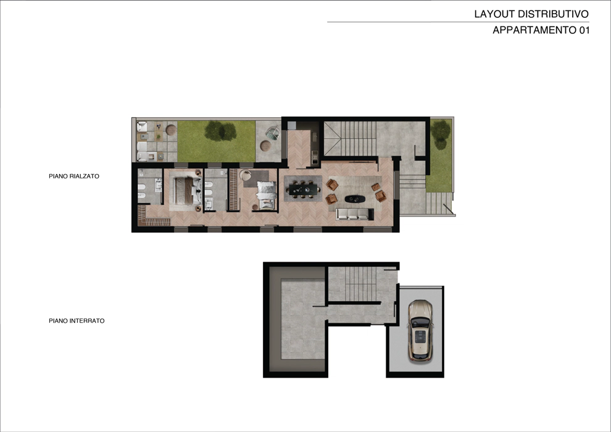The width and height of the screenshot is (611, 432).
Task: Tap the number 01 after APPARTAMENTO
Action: pos(584,30)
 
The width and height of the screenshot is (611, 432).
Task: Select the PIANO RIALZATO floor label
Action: pos(74,176)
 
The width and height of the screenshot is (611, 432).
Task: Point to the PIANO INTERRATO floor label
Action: pos(77,321)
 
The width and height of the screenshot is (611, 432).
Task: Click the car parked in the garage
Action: pos(420,330)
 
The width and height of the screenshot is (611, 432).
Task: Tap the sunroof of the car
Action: pos(420,336)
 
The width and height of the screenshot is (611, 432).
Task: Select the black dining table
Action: pos(304,189)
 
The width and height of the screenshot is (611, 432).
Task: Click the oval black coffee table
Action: pos(355,199)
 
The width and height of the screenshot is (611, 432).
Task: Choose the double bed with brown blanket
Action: pos(187,191)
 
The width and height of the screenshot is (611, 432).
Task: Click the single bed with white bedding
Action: pos(266,195)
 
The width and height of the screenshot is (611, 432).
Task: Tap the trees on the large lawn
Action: pos(220,131)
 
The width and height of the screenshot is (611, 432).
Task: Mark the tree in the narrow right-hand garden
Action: pos(441,135)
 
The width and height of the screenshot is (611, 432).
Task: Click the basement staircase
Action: pos(360,284)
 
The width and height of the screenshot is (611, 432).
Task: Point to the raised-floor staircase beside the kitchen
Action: pos(351,138)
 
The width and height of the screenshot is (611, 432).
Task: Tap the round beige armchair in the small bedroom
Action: pos(246,175)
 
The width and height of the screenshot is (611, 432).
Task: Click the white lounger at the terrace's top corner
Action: pos(142,127)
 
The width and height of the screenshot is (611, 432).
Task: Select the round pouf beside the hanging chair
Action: pos(265,146)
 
